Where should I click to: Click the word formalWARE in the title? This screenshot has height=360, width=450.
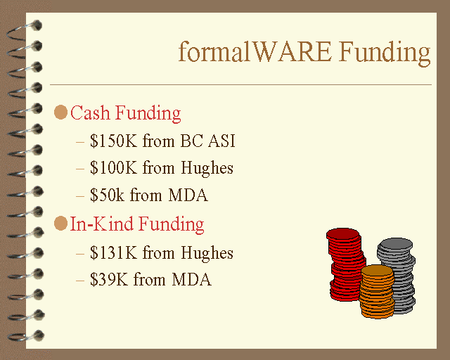click(255, 51)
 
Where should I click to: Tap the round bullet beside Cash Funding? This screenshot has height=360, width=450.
click(60, 112)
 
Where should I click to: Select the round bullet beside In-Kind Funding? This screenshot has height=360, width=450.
click(60, 224)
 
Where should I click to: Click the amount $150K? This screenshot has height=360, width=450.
click(114, 141)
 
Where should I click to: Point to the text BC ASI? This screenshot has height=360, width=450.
click(208, 141)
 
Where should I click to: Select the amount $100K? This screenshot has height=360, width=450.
click(114, 167)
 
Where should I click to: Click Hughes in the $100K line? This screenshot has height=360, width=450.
click(207, 169)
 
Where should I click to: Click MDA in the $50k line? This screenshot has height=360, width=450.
click(188, 195)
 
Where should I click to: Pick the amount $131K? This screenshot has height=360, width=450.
click(114, 252)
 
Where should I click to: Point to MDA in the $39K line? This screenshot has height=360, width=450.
click(192, 279)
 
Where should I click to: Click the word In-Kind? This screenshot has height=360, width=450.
click(101, 224)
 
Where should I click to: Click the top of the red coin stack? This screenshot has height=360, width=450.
click(342, 234)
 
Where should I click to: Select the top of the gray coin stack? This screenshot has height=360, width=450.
click(395, 244)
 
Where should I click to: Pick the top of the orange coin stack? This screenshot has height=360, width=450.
click(377, 271)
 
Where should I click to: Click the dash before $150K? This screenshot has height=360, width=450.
click(80, 141)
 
